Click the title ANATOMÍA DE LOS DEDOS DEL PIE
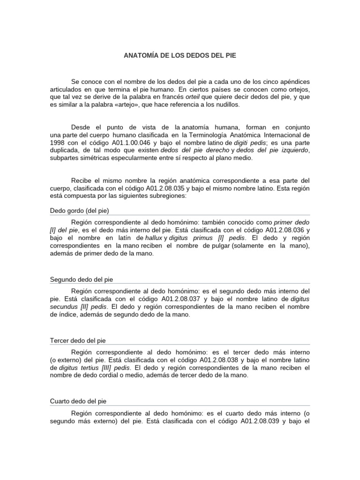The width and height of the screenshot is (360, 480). point(180,55)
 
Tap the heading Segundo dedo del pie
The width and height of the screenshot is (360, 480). point(81,280)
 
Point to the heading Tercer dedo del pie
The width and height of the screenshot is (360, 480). point(78,340)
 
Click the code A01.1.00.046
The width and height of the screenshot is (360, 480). point(135,142)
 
